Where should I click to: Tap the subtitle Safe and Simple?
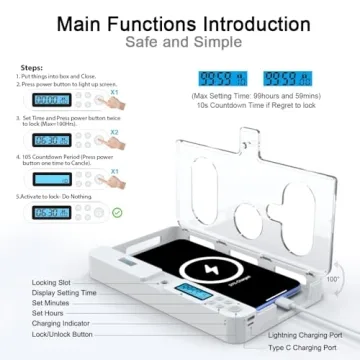tap(180, 44)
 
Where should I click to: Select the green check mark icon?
tap(90, 212)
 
